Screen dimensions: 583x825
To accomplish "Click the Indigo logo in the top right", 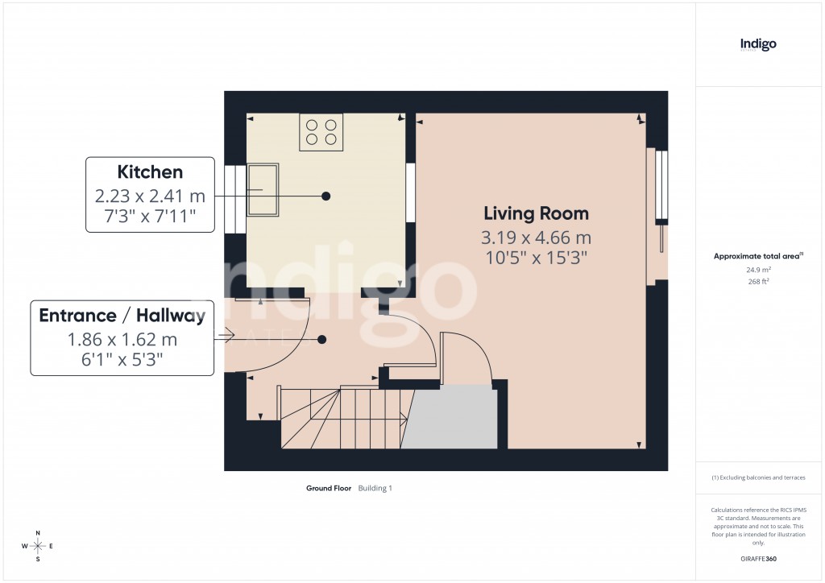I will click(x=758, y=44).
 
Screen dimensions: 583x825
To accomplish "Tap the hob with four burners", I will click(x=321, y=132).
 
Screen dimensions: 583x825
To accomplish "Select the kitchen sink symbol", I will click(x=263, y=190).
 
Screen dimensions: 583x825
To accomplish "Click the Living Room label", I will click(x=536, y=213).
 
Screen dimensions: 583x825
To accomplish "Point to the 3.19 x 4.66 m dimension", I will click(x=536, y=238).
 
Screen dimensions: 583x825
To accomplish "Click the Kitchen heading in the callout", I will click(x=150, y=172).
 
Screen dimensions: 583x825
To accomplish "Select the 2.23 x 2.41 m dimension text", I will click(x=150, y=196).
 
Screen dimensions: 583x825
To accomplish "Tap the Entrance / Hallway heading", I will click(x=122, y=316).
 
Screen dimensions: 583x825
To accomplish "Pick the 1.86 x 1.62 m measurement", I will click(x=122, y=340).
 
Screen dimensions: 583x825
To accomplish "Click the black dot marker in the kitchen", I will click(x=326, y=196).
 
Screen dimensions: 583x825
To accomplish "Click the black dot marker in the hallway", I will click(x=322, y=340).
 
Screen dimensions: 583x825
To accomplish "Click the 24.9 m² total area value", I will click(x=758, y=271).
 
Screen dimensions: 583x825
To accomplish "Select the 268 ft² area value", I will click(x=758, y=282).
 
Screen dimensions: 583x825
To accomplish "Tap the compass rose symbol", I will click(x=37, y=546).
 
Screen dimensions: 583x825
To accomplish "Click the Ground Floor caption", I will click(x=329, y=488).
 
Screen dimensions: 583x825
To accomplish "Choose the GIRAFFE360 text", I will click(x=758, y=558).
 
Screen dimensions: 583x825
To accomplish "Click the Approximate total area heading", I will click(x=757, y=256).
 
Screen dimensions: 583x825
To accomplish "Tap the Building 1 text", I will click(x=375, y=488).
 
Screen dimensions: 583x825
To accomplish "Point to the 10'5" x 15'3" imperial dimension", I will click(x=536, y=258).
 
